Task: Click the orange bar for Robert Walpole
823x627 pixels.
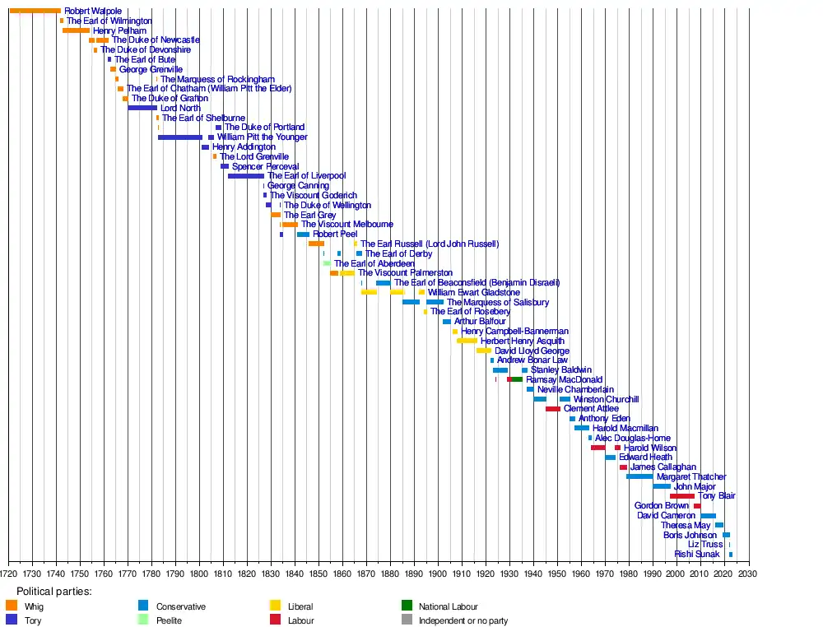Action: coord(35,11)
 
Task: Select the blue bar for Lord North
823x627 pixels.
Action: coord(142,108)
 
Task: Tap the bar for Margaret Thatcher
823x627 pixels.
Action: coord(639,476)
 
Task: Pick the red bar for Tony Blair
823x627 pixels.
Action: coord(681,496)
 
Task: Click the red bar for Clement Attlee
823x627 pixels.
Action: coord(552,409)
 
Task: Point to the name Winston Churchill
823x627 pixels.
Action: coord(606,399)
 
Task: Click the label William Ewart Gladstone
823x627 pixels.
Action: coord(474,292)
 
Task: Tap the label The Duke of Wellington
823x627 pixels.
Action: coord(328,205)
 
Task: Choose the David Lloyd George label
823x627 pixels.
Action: coord(532,351)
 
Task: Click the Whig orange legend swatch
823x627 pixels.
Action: coord(12,606)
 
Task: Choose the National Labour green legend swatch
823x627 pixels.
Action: coord(407,606)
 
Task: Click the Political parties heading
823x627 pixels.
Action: coord(54,591)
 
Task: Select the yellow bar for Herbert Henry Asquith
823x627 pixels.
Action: coord(467,341)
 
